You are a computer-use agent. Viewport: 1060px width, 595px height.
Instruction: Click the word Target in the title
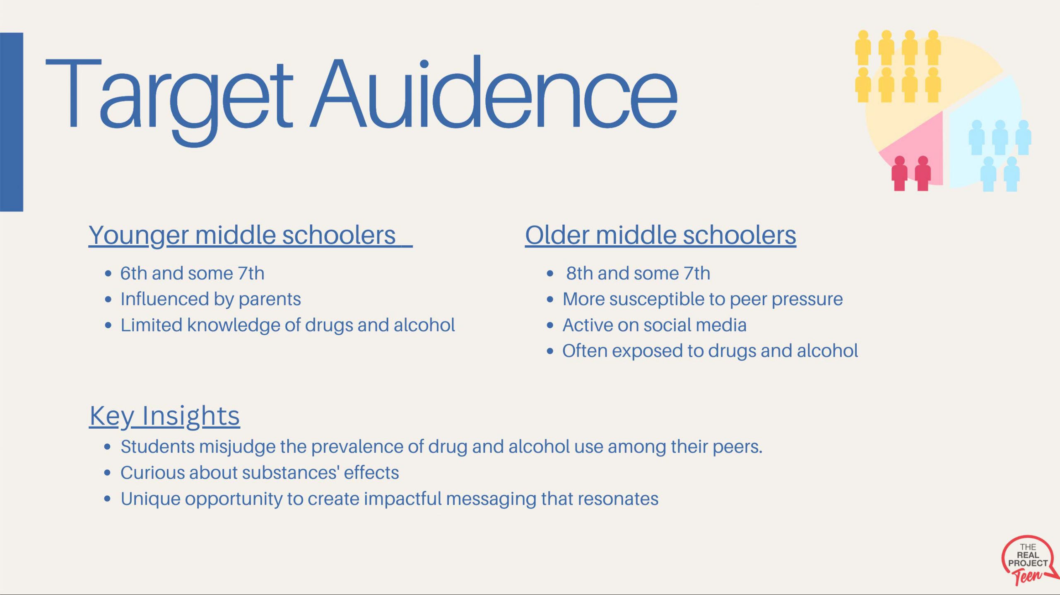coord(169,99)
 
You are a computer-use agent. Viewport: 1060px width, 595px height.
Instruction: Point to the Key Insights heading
coord(165,416)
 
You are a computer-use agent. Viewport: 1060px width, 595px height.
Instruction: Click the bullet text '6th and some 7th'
coord(192,273)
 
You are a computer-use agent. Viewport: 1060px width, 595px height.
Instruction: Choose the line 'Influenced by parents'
coord(211,300)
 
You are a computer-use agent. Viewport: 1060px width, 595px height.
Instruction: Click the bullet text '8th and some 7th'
coord(638,273)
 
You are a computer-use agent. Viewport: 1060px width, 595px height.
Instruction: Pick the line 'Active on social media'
coord(654,325)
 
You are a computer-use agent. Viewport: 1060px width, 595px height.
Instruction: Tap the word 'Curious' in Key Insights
coord(152,473)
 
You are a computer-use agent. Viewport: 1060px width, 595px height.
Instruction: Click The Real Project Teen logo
coord(1029,561)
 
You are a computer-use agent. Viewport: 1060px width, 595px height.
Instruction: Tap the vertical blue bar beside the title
coord(12,122)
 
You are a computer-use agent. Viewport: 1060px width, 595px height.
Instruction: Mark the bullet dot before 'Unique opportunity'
coord(108,499)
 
